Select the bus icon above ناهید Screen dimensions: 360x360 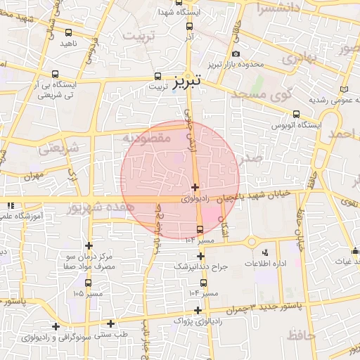[67, 32]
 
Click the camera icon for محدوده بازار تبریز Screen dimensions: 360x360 [236, 54]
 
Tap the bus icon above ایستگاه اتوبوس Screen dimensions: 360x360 [297, 113]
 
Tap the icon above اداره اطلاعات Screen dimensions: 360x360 [265, 252]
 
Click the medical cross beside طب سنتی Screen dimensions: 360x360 [110, 323]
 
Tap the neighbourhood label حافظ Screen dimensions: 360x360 [301, 337]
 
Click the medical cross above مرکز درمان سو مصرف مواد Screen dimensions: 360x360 [89, 245]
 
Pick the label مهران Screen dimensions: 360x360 [33, 173]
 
